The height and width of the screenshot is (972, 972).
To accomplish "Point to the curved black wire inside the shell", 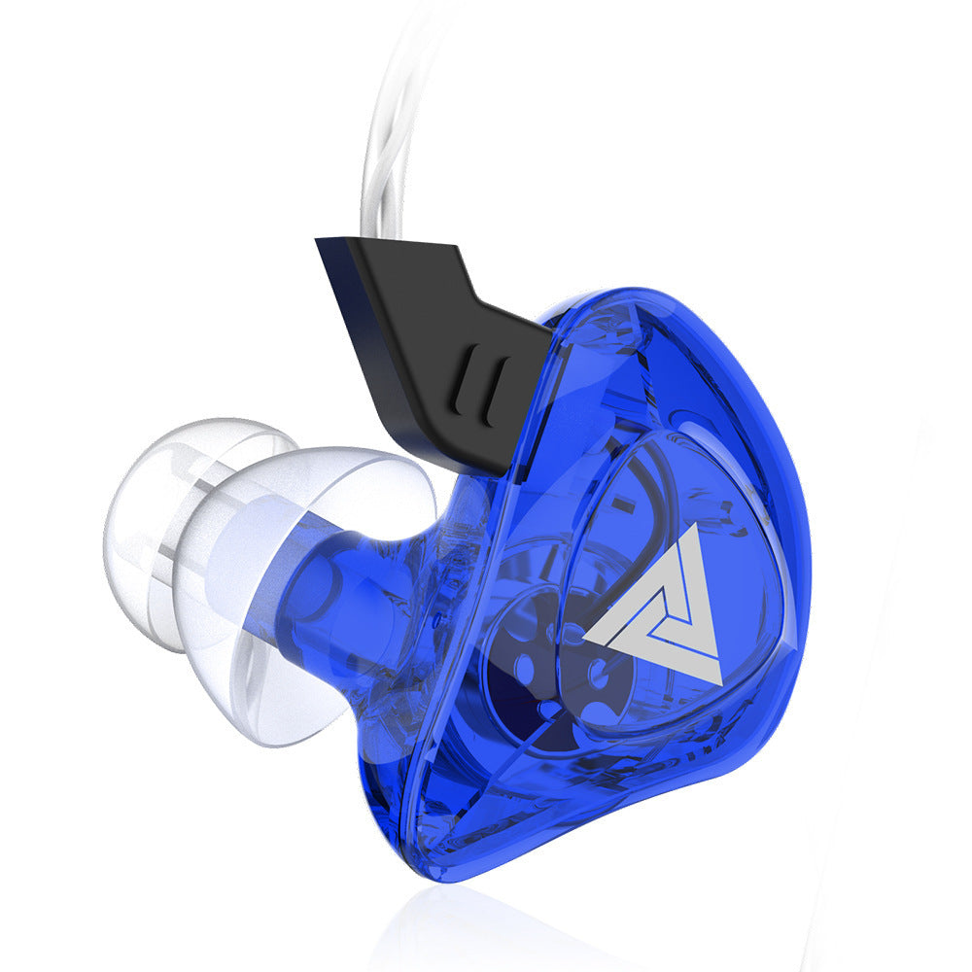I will coord(637,486).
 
